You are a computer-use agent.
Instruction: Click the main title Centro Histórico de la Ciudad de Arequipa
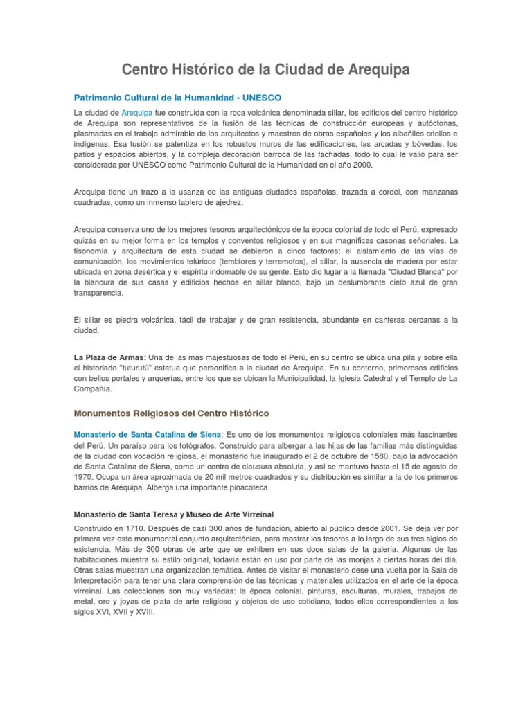pos(266,70)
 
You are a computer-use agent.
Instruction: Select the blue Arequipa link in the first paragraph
pos(137,112)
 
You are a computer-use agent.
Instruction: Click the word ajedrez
pos(226,203)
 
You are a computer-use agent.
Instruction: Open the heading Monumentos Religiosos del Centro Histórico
pos(171,413)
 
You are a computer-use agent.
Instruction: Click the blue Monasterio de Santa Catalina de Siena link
pos(145,433)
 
